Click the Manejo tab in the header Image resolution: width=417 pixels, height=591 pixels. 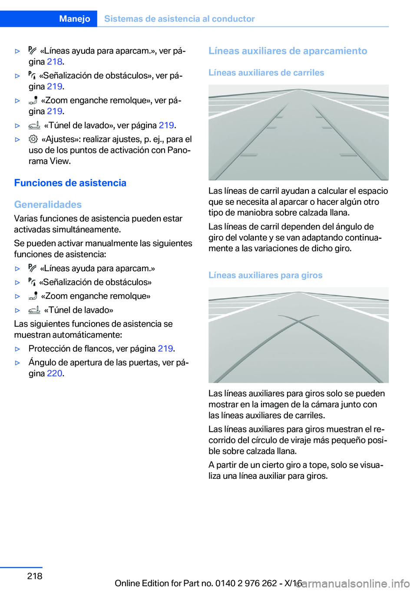coord(74,19)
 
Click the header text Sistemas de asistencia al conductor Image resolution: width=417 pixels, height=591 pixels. coord(179,19)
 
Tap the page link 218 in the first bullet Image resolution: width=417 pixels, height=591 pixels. coord(54,62)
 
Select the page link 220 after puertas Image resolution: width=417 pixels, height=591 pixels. coord(54,373)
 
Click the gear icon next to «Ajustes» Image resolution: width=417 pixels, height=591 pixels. coord(33,139)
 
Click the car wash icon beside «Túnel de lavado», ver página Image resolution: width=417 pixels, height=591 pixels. coord(34,125)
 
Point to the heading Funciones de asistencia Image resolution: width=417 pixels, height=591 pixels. coord(70,183)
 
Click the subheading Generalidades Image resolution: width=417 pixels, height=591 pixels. coord(48,204)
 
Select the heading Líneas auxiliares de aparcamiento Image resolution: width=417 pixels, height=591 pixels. coord(288,51)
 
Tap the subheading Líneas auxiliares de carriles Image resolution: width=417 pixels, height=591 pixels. coord(266,72)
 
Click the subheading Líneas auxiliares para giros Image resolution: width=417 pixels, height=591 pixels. coord(265,275)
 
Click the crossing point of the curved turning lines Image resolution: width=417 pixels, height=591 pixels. coord(298,321)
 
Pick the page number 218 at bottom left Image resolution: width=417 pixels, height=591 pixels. coord(35,576)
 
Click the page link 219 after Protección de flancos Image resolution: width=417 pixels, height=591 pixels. coord(165,348)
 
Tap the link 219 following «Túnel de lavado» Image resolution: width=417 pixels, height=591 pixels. coord(166,125)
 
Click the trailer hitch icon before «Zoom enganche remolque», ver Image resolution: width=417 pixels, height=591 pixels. coord(33,100)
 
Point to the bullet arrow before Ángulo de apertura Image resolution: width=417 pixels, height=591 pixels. coord(18,363)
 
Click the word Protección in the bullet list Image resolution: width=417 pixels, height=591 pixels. coord(49,348)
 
